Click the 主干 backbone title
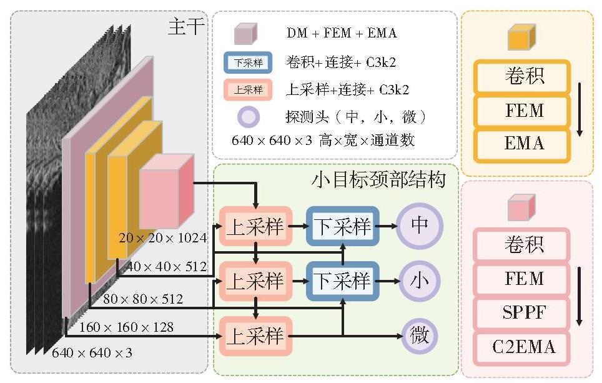point(186,27)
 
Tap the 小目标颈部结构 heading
point(378,179)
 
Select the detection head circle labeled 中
point(419,226)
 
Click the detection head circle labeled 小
point(419,281)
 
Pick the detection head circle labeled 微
point(419,336)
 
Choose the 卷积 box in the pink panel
point(522,245)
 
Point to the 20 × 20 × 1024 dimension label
point(163,238)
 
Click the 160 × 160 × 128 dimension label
point(126,327)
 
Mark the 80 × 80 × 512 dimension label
point(143,299)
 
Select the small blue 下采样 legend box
point(248,62)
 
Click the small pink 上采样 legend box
point(248,90)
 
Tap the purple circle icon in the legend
point(248,117)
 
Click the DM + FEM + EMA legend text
point(342,33)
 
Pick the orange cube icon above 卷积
point(521,37)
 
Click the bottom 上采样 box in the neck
point(255,336)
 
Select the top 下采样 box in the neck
point(342,226)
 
